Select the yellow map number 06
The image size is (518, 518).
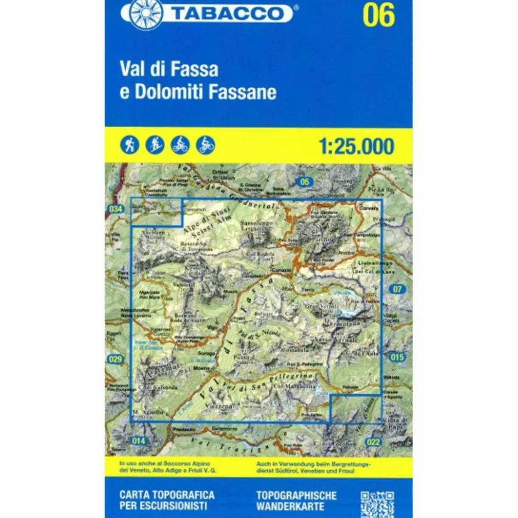(378, 15)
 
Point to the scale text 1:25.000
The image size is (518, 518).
(356, 147)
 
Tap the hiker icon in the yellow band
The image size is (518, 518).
(131, 145)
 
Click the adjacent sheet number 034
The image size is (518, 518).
(115, 209)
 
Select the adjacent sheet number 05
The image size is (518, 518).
(306, 182)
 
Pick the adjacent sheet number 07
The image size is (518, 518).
(397, 289)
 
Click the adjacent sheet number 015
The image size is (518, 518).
(397, 357)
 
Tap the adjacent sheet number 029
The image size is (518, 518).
(115, 359)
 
